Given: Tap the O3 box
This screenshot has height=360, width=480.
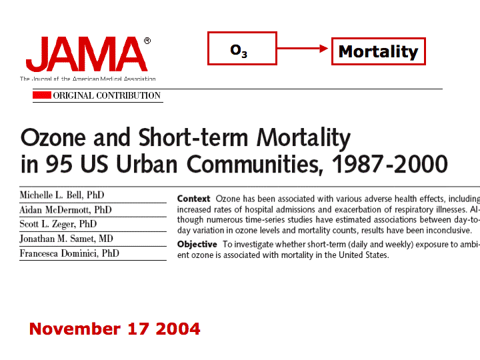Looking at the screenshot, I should [241, 49].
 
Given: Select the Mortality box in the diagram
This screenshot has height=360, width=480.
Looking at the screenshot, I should [378, 51].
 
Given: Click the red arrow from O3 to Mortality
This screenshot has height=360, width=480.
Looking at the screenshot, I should [304, 48].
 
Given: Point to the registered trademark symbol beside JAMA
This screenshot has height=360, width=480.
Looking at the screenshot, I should [147, 41].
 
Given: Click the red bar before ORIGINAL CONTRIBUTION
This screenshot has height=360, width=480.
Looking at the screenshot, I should [42, 95].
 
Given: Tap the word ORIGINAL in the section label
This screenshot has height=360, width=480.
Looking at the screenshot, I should [73, 95].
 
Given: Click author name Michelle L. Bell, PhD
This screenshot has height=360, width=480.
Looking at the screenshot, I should [62, 195].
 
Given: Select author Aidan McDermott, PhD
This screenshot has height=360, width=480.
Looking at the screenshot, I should [65, 210].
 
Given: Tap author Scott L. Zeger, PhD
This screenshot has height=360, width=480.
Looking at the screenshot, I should [58, 224].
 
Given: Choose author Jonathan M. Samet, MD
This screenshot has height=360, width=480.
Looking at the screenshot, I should [67, 239].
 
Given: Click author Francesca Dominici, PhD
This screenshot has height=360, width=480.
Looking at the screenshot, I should [70, 253].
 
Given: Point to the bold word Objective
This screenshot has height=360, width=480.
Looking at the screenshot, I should [197, 245].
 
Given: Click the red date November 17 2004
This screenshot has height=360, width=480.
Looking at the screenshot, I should [115, 329].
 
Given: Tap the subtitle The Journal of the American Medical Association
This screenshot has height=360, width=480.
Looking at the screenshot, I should [87, 79].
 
